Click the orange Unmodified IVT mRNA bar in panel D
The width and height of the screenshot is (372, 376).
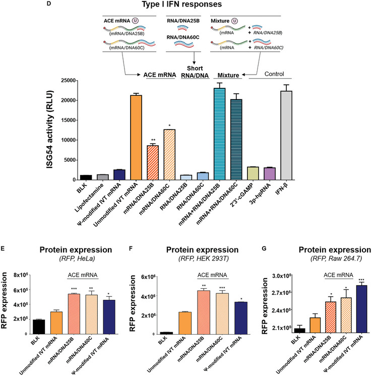(135, 137)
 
